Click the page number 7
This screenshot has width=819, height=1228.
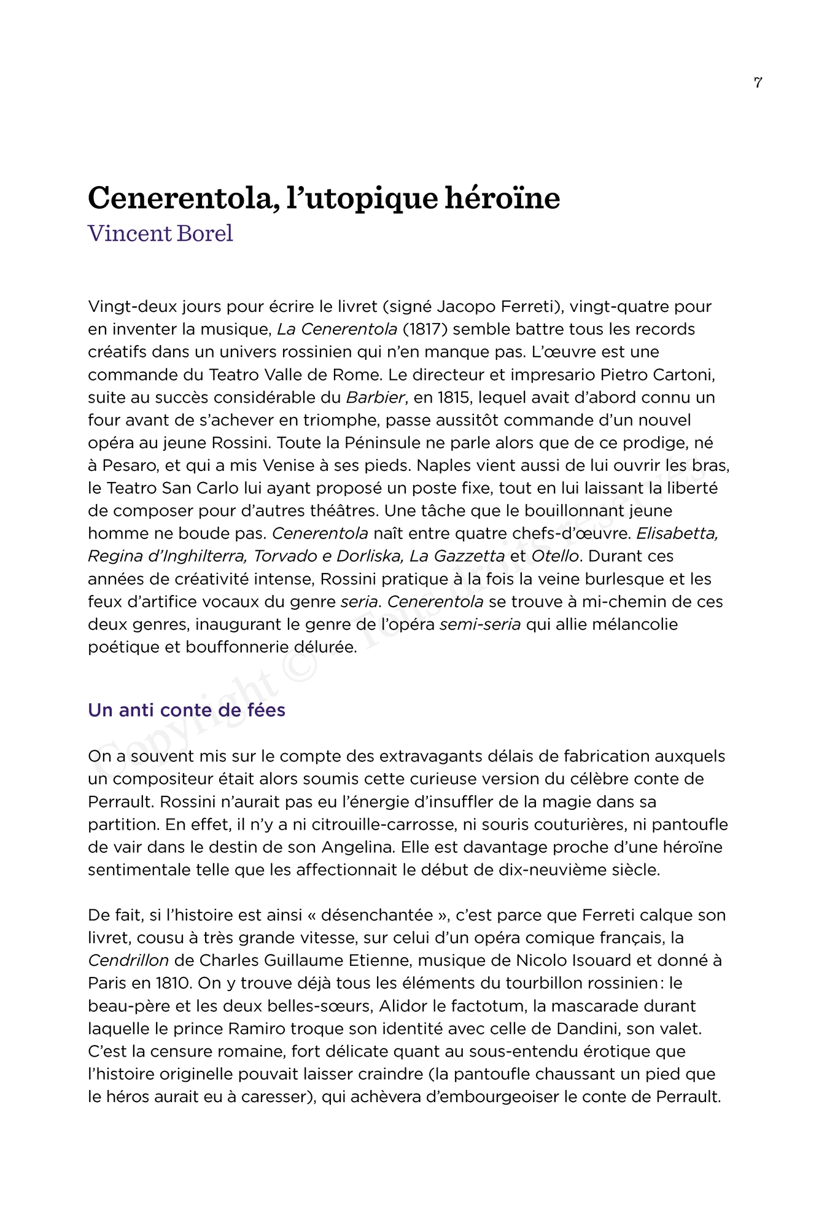point(758,82)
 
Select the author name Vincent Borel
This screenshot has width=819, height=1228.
point(160,233)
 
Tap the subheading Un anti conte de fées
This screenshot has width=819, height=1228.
point(187,710)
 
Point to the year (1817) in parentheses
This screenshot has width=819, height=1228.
point(425,329)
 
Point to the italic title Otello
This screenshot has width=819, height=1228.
point(555,556)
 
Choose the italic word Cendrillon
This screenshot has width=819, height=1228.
point(128,960)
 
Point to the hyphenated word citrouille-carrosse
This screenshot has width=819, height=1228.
point(364,825)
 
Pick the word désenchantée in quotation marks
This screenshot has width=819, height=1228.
point(377,915)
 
